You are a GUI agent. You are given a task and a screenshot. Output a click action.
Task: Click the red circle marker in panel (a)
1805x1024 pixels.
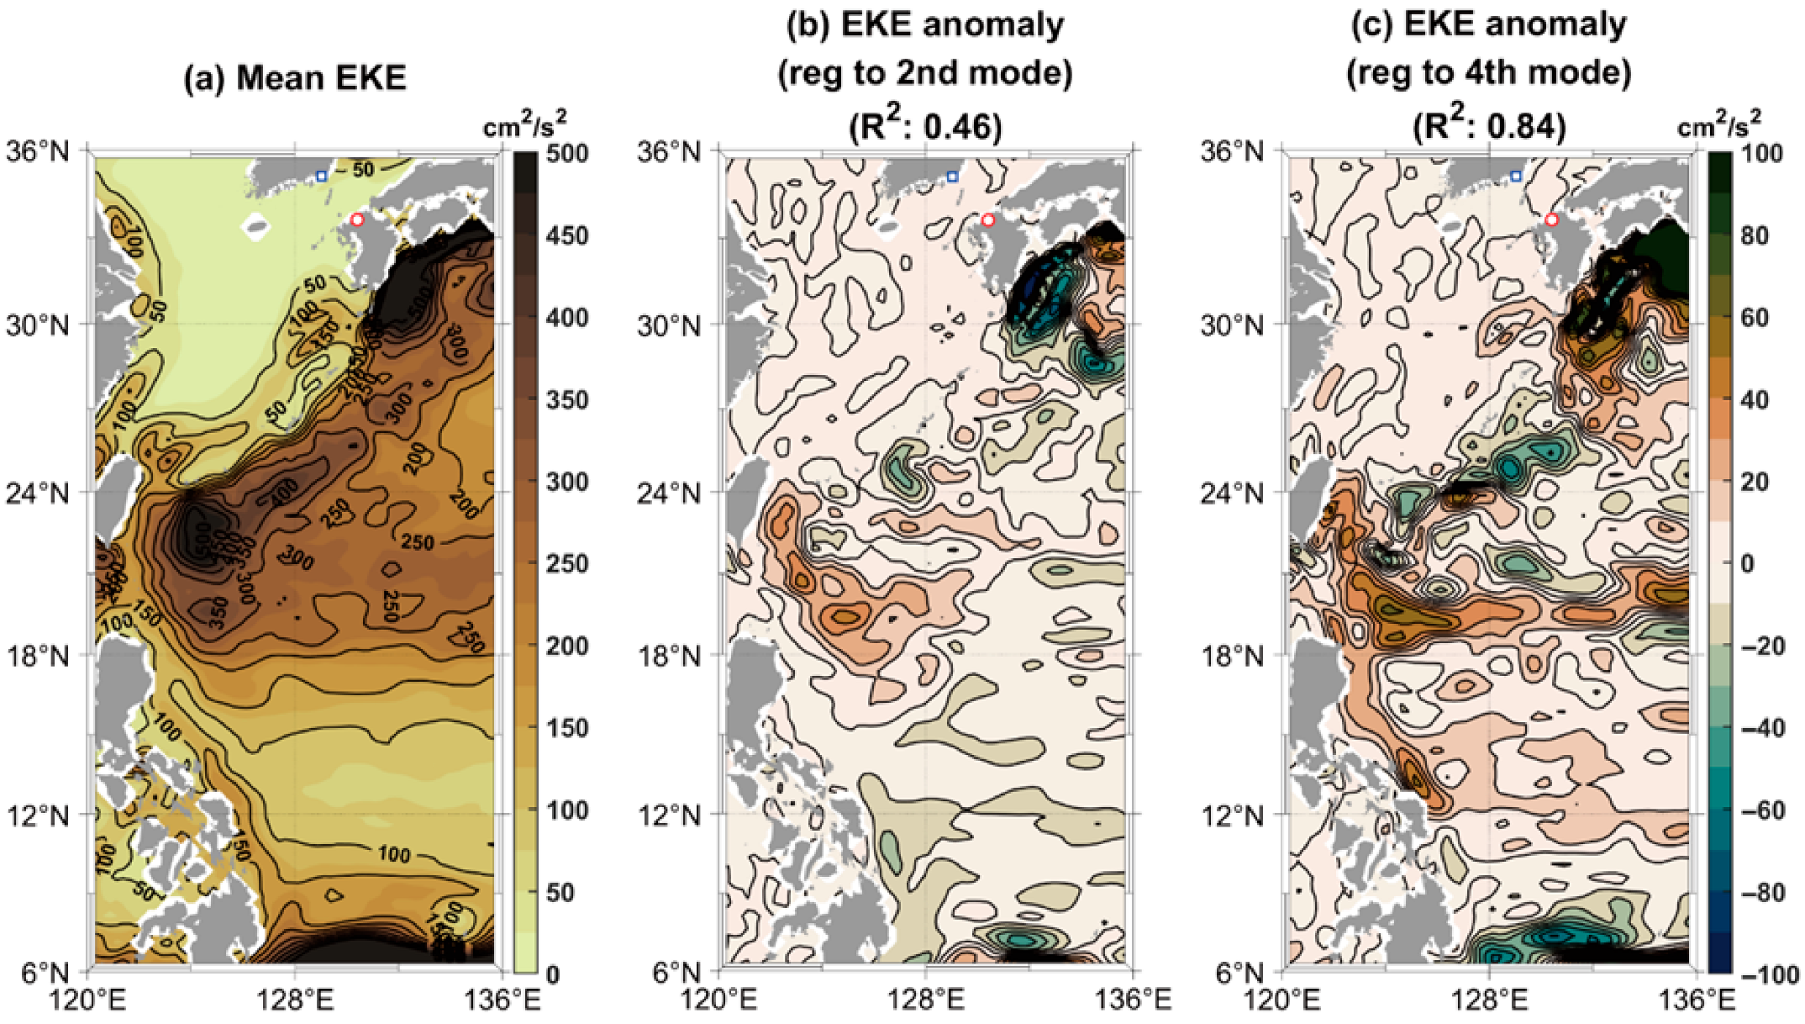point(357,219)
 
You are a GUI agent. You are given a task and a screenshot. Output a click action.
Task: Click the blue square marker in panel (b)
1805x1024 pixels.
point(952,177)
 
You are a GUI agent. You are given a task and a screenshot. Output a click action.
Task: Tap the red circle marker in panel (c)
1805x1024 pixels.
point(1551,219)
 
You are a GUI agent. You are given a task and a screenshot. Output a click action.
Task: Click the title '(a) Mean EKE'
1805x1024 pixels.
point(295,78)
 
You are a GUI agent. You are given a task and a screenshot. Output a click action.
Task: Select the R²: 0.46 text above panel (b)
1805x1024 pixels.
point(925,126)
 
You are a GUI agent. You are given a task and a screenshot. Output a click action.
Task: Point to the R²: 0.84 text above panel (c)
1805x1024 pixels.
point(1489,126)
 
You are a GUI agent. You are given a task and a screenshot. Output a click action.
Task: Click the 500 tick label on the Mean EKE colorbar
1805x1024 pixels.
point(567,154)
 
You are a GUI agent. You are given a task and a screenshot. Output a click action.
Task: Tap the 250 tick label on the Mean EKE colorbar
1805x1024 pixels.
point(567,564)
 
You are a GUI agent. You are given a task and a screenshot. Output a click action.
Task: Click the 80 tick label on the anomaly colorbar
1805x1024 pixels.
point(1755,235)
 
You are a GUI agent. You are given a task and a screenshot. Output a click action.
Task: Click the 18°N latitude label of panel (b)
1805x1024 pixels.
point(668,655)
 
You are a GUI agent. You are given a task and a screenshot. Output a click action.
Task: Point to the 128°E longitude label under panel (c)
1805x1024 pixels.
point(1489,1000)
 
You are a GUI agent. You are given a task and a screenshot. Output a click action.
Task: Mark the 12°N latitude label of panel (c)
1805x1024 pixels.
point(1231,815)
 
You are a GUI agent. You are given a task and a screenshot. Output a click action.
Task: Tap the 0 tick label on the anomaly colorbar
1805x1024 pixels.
point(1747,564)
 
